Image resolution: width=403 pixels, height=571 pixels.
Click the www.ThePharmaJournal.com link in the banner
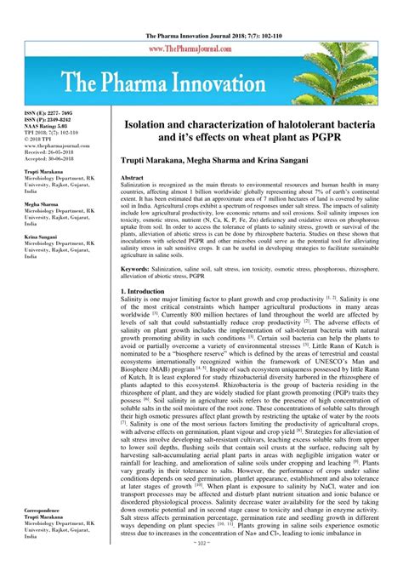201,49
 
